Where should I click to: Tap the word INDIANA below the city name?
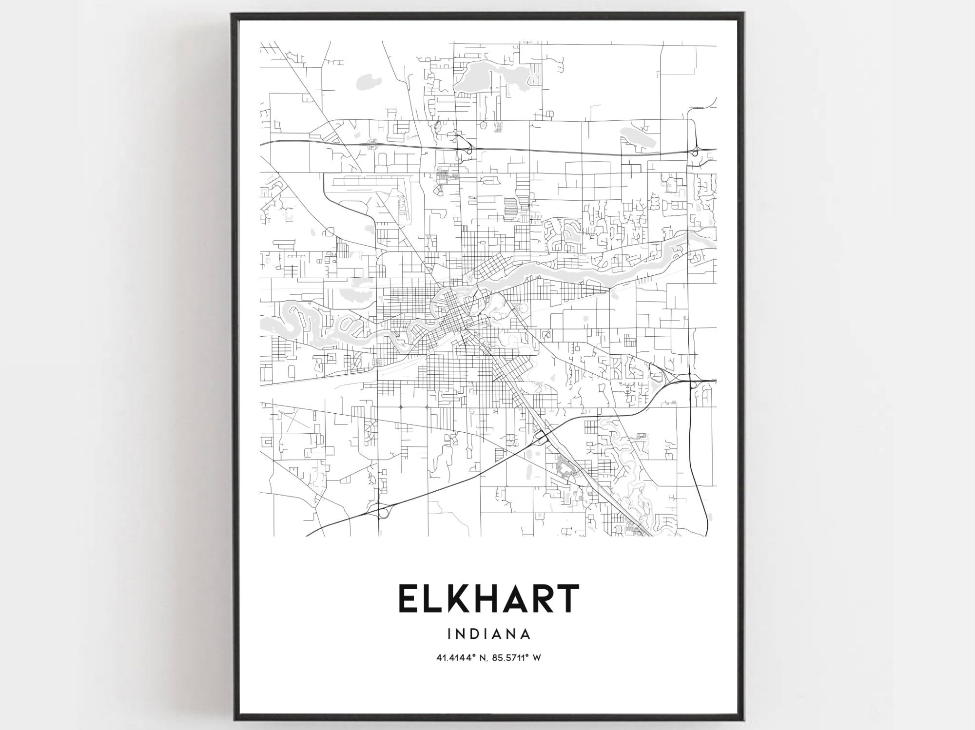[x=488, y=634]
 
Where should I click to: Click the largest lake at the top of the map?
[x=480, y=78]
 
